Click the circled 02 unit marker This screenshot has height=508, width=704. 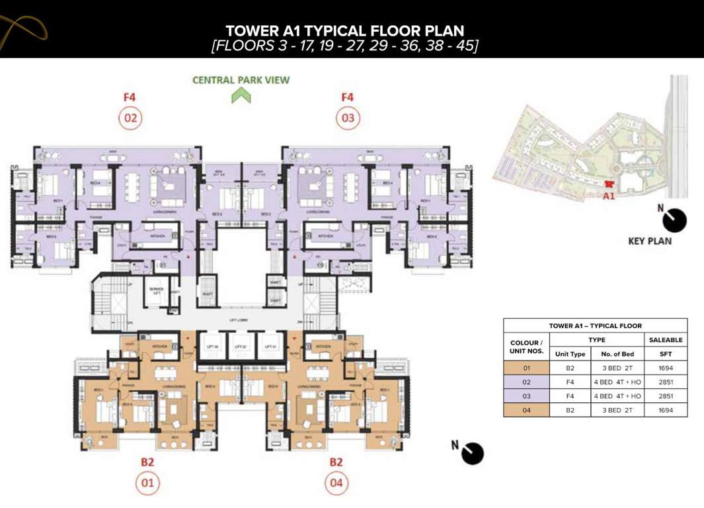(130, 119)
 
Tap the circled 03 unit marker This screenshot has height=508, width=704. (347, 119)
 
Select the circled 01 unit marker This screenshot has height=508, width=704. (147, 483)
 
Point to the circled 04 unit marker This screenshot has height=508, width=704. (336, 483)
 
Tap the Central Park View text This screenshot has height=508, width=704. (241, 80)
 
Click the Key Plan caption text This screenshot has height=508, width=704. (649, 241)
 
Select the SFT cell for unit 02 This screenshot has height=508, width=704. (666, 382)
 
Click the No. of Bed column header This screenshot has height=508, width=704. (619, 354)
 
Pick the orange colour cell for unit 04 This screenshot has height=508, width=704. (527, 410)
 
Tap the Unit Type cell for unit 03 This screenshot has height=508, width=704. (570, 396)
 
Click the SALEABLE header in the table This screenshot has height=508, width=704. (666, 339)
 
